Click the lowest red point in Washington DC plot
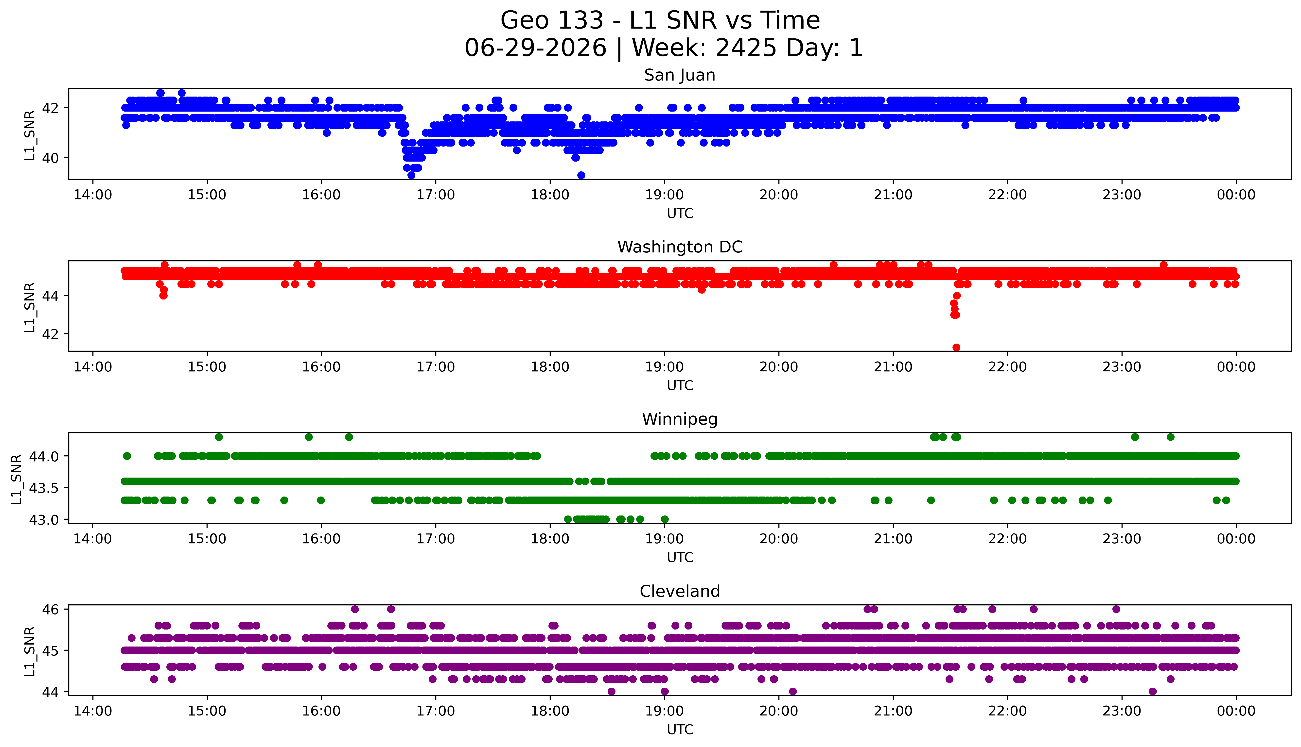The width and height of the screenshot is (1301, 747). [956, 347]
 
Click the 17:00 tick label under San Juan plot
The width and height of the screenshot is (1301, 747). [435, 195]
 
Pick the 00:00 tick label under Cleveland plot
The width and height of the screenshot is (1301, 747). [1236, 711]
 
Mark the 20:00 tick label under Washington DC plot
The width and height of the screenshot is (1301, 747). [779, 367]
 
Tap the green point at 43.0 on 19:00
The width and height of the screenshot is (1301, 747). [664, 519]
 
